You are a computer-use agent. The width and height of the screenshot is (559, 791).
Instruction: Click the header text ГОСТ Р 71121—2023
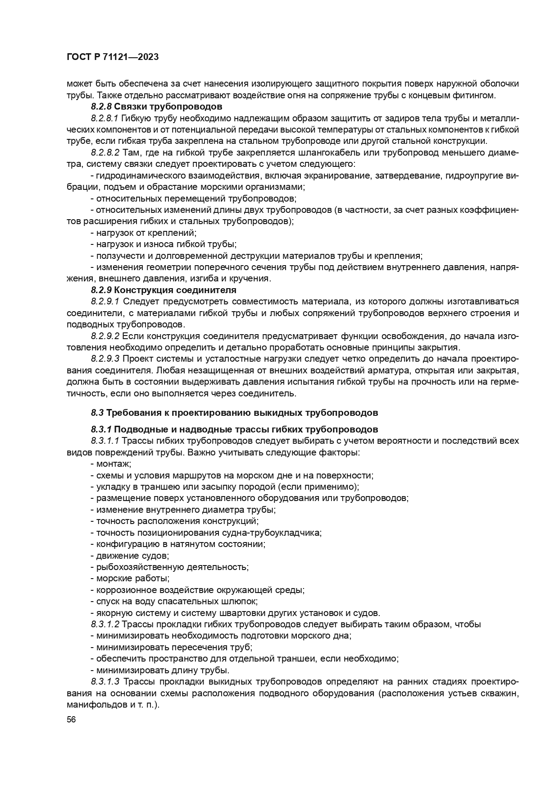click(x=113, y=57)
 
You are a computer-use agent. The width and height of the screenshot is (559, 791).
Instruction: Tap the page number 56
click(x=71, y=719)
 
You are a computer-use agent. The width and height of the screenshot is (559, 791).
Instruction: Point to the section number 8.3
click(x=97, y=412)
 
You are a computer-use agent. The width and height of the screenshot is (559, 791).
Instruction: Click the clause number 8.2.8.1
click(x=104, y=118)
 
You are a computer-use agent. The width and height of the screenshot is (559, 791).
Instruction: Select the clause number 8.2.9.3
click(x=105, y=359)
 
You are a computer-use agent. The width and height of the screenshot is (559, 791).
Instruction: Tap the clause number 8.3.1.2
click(x=105, y=624)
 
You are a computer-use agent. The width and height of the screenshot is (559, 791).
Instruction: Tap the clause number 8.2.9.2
click(x=105, y=336)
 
